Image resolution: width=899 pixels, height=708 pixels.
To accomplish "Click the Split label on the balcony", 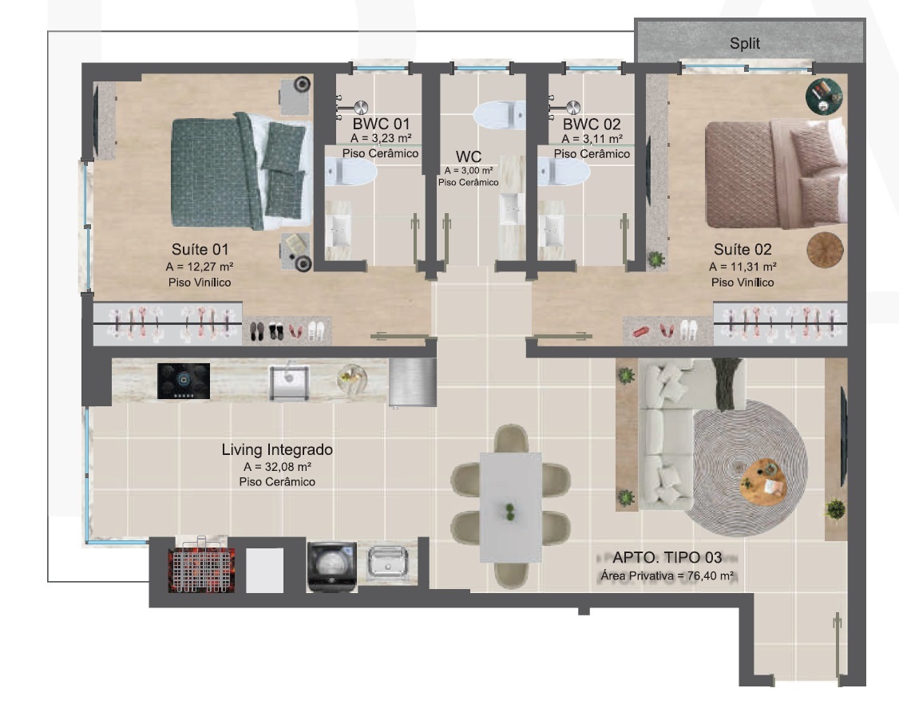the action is pos(744,43).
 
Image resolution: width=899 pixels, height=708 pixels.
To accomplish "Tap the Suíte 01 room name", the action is pos(200,249).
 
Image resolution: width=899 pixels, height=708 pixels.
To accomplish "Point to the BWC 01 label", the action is pos(381,124).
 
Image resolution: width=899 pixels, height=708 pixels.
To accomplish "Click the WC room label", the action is pos(469,156).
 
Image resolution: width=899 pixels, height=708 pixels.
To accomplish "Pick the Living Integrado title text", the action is pos(277,449).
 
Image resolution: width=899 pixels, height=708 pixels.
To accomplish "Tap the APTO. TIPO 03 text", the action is pos(667,557).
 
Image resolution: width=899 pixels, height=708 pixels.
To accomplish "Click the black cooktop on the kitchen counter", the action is pos(184,381).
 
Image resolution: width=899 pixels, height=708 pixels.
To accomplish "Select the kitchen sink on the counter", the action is pos(290,382).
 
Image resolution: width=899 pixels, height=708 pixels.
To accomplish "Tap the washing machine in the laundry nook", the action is pos(332,567).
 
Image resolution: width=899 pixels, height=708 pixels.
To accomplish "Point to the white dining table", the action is pos(510,508).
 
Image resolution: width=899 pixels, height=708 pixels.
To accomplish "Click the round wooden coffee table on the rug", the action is pos(762,481).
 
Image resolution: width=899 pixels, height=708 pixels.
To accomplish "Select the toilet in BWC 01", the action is pos(350,172).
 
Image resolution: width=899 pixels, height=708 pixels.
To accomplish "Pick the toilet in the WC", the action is pos(499,115).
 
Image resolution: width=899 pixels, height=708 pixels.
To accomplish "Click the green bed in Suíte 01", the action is pos(242,171).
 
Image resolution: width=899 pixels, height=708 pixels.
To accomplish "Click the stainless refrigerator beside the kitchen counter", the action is pos(412,382).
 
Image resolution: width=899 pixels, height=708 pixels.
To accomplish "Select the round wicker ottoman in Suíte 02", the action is pos(825,251).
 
